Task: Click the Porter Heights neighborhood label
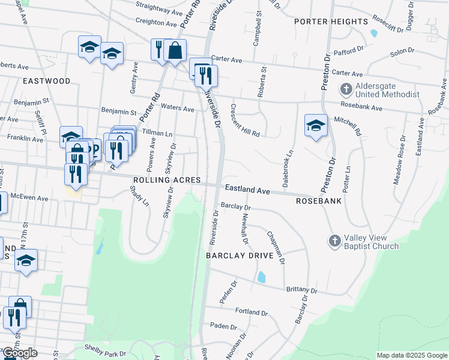331,22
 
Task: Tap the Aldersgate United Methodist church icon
346,90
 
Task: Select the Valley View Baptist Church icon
335,241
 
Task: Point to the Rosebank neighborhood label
319,201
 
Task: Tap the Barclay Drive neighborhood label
240,256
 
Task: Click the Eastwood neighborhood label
46,80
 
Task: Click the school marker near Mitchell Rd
316,125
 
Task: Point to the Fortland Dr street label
252,313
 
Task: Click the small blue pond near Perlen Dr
261,277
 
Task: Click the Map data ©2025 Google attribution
412,355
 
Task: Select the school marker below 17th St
26,260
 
